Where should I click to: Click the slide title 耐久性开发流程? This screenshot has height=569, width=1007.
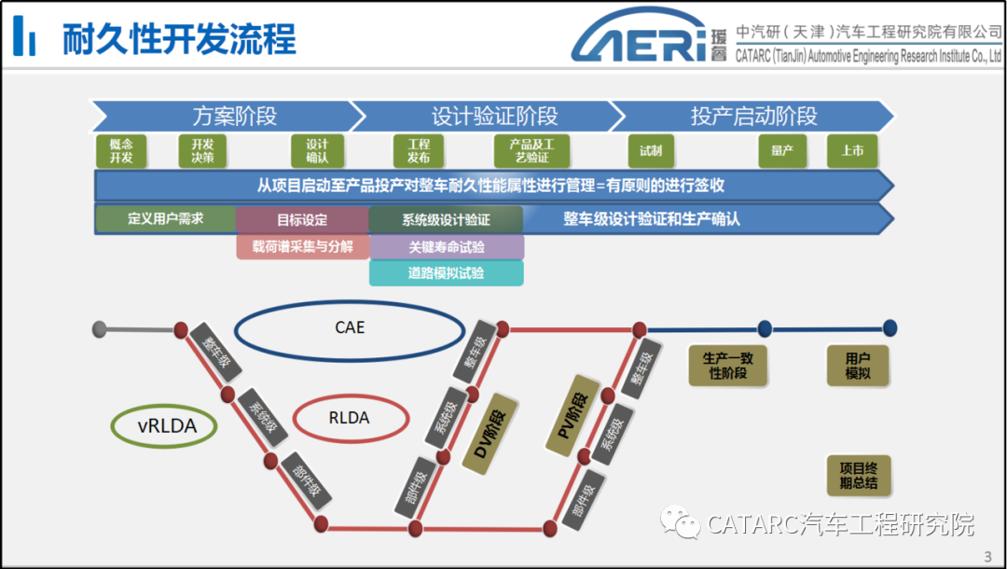pos(179,39)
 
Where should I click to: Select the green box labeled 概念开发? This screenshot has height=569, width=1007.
pos(121,151)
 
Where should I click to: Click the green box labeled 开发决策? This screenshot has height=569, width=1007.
pos(202,151)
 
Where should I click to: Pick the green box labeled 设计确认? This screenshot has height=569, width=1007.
pos(317,151)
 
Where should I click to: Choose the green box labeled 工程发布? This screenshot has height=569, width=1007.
pos(419,151)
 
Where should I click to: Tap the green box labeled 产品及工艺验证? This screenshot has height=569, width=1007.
pos(531,151)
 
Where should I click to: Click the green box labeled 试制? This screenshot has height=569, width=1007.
pos(651,151)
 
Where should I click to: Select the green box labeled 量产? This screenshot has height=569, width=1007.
pos(781,151)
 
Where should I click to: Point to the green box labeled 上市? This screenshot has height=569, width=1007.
pos(852,151)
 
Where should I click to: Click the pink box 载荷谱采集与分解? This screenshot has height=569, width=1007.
pos(303,246)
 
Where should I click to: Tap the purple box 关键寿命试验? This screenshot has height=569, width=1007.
pos(447,247)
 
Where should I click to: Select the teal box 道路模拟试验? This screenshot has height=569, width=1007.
pos(447,273)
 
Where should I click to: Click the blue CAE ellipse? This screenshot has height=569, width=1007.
pos(350,328)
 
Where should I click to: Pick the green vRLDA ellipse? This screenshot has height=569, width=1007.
pos(164,426)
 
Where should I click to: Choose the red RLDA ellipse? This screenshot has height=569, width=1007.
pos(350,418)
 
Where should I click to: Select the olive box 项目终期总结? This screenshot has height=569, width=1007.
pos(859,475)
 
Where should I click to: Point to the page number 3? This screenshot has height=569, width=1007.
pos(987,557)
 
